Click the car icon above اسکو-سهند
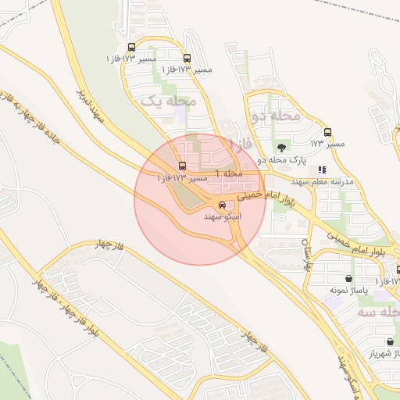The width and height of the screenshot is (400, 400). click(x=222, y=205)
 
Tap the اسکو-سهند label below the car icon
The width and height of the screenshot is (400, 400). click(x=223, y=216)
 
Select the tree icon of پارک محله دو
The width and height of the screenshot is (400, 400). click(x=280, y=147)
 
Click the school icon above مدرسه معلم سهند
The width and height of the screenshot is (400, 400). click(x=322, y=170)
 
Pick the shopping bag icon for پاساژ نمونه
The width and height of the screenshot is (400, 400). click(x=348, y=278)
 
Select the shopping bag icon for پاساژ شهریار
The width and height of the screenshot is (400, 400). click(x=390, y=341)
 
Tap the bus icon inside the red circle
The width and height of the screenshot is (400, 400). click(x=182, y=166)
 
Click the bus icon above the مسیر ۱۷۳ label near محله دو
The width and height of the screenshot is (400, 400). click(x=327, y=133)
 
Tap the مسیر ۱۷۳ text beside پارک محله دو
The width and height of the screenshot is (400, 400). click(x=327, y=144)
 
